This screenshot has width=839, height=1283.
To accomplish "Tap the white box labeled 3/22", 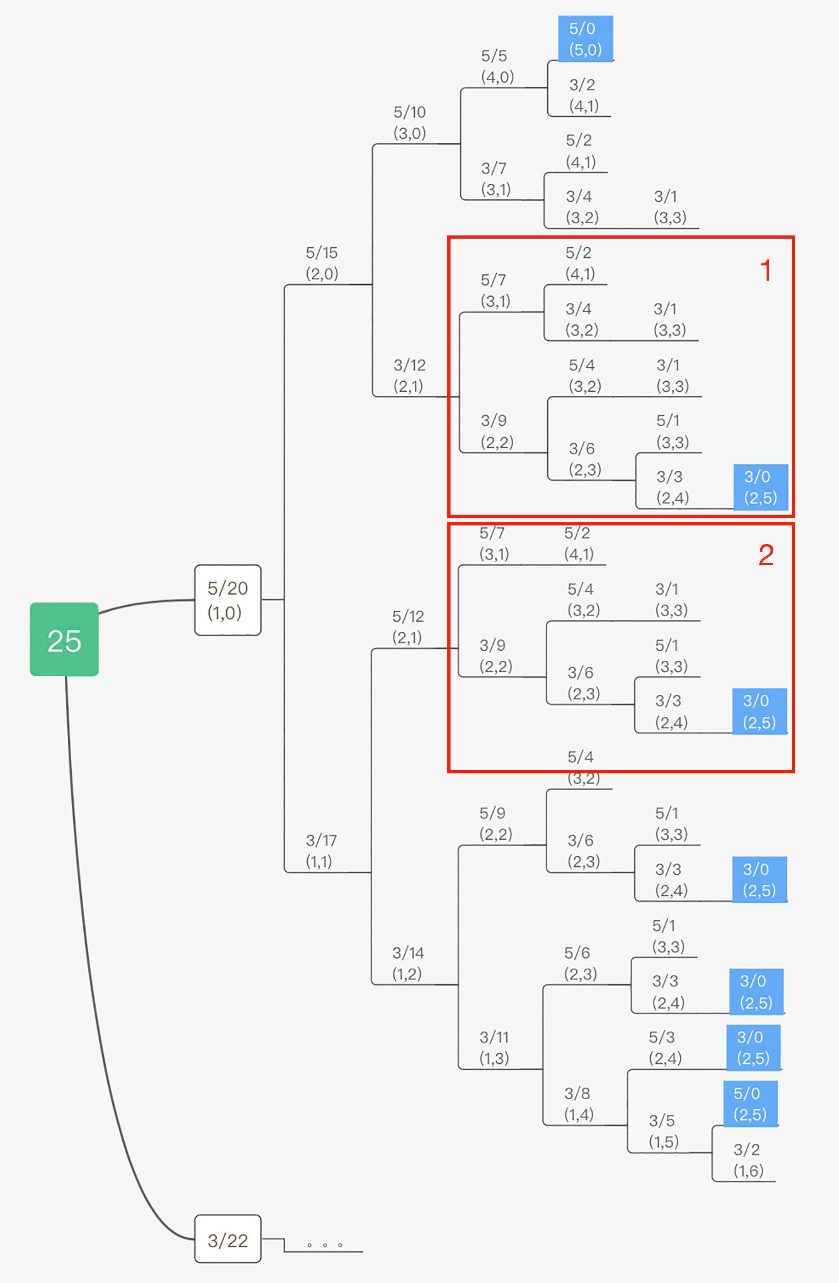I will pos(228,1241).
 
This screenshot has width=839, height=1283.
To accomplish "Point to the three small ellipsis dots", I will pos(325,1245).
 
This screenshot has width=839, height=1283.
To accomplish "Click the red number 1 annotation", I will pos(766,270).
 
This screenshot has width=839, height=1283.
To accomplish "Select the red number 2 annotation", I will pos(766,555).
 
